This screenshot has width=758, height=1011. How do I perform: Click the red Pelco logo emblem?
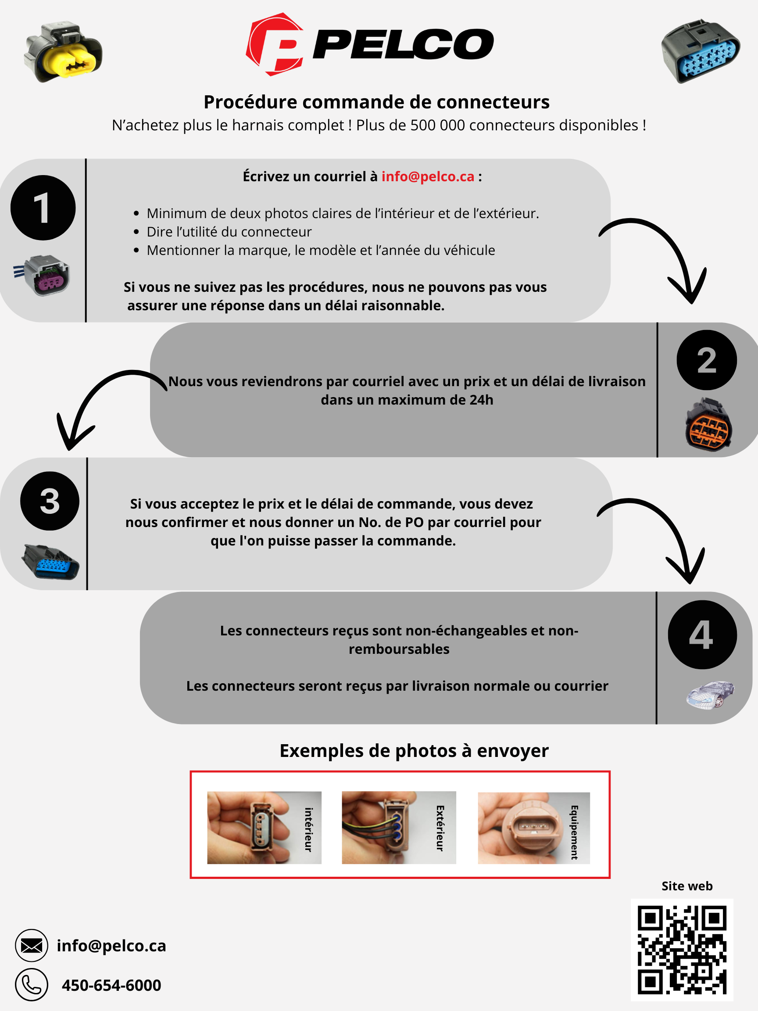[275, 44]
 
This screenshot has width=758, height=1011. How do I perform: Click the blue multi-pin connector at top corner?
[700, 51]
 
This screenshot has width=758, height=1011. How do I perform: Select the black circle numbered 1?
[43, 208]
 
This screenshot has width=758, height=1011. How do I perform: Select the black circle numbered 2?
[706, 360]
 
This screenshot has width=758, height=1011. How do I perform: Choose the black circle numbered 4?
[702, 635]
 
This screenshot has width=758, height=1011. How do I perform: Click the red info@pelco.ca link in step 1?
[428, 176]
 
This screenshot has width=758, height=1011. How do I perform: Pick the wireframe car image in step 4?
[710, 695]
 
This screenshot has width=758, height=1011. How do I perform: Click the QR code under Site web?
[682, 950]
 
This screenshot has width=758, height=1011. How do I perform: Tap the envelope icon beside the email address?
[32, 946]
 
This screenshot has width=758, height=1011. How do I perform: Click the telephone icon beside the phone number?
[32, 985]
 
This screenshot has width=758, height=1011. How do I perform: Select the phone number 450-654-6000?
[111, 986]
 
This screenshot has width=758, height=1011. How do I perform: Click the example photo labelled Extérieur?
[398, 827]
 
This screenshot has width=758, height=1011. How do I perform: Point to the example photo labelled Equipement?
[533, 828]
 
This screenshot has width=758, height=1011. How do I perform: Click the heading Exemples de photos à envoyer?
[414, 751]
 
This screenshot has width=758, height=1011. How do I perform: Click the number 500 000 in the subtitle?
[437, 125]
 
